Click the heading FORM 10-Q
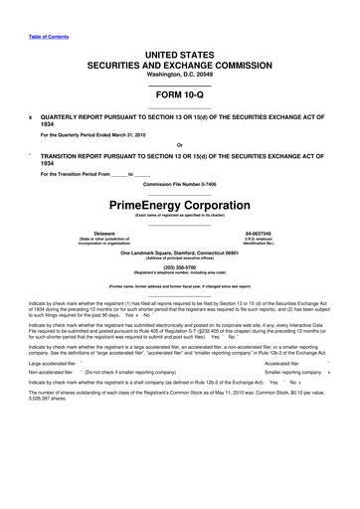pos(179,103)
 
